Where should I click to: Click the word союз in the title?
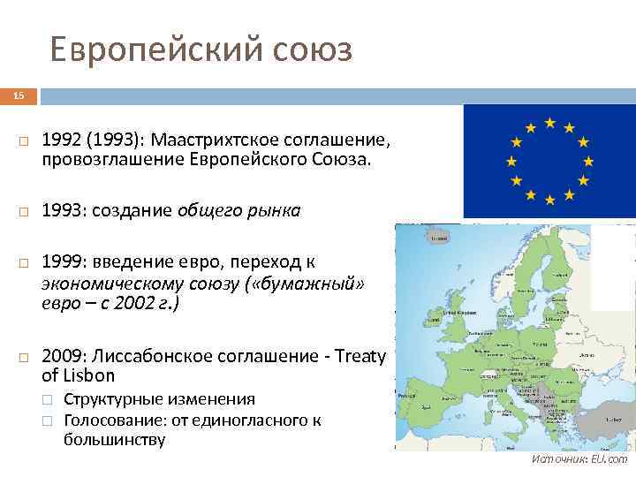[x=312, y=50]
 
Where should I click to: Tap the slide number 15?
[x=19, y=95]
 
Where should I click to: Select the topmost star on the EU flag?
[x=549, y=121]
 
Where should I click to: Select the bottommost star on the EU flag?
[x=549, y=200]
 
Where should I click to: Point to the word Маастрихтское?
[x=211, y=141]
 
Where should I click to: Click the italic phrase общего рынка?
[x=238, y=210]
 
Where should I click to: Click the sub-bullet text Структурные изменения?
[x=160, y=400]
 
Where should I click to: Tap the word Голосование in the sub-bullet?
[x=110, y=420]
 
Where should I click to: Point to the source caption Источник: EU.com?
[x=579, y=459]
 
